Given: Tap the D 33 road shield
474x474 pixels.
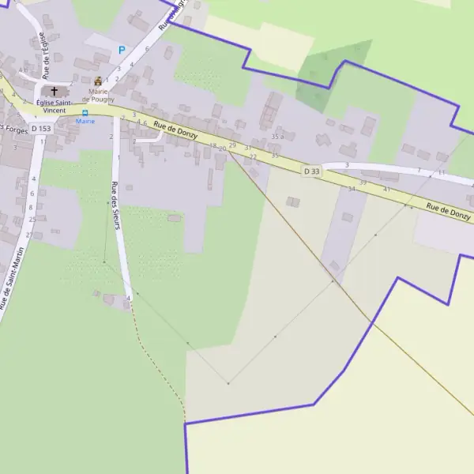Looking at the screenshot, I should pos(312,171).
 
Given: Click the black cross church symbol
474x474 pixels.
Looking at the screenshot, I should pos(55,92).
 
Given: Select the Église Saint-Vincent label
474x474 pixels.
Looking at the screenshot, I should pos(55,106).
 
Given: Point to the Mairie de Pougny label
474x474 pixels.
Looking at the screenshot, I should pos(99,95).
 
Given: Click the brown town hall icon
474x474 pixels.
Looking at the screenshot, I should pos(98,81).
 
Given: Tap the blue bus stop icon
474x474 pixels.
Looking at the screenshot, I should pos(85,113).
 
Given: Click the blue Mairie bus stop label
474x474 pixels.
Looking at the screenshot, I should pos(85,122).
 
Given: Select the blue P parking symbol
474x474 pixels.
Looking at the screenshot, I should pos(122,50).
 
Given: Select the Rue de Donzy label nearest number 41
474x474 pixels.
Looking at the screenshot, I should pos(448,211).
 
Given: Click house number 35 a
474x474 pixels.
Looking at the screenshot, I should pos(276,137).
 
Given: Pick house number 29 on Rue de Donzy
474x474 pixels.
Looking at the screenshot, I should pos(232,145).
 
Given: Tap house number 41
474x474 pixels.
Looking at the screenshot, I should pos(386,190).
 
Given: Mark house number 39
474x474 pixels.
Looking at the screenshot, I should pos(363,182).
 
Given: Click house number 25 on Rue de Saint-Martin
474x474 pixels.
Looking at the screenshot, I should pos(32,220).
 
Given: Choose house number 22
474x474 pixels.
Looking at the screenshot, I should pos(253,156).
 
